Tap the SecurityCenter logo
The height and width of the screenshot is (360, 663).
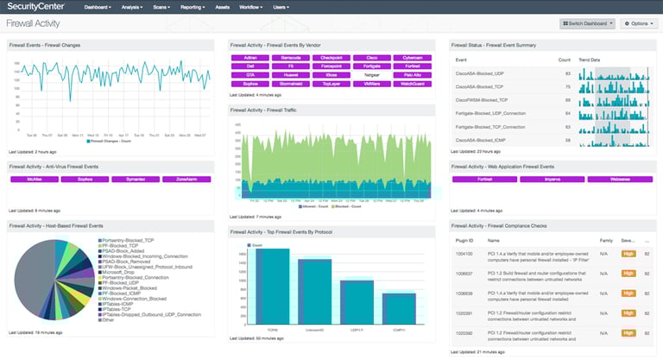click(x=40, y=7)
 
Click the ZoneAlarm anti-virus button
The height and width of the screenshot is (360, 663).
click(x=186, y=180)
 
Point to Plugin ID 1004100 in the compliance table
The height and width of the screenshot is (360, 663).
click(x=465, y=255)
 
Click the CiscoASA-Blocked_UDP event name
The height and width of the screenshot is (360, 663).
click(x=479, y=73)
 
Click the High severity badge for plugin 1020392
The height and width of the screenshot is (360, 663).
click(x=628, y=332)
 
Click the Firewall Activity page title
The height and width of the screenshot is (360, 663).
click(x=34, y=23)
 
